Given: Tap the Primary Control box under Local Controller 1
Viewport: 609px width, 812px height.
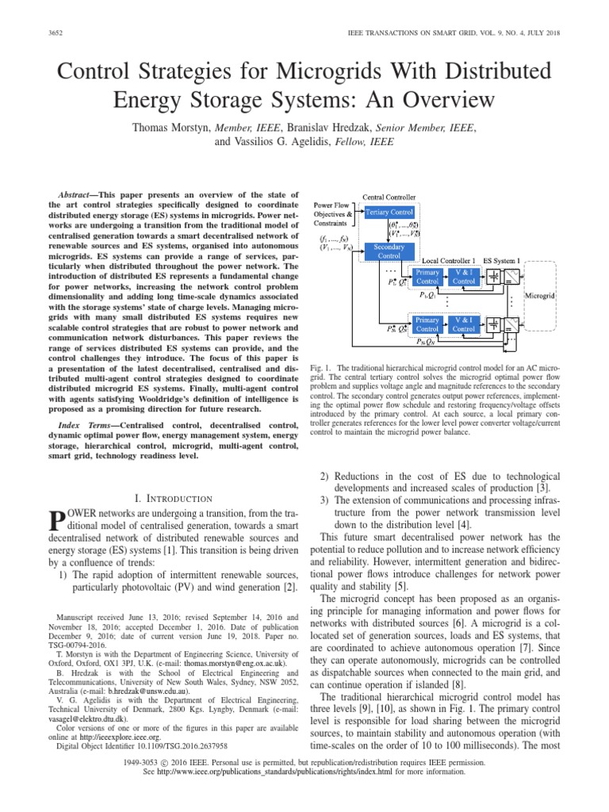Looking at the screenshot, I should pos(427,277).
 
